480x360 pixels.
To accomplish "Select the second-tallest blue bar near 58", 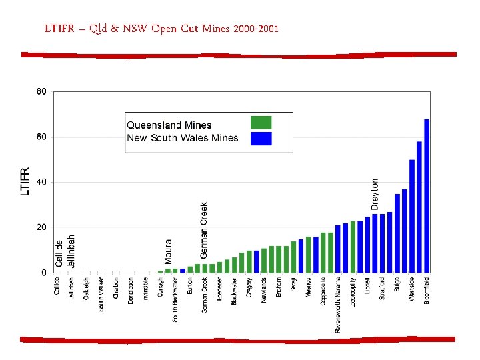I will pos(419,207).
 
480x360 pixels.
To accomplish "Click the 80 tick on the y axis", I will pos(41,91).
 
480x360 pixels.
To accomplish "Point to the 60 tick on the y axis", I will pos(41,137).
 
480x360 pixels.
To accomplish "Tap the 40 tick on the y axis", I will pos(41,182).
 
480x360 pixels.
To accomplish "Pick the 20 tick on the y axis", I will pos(41,227).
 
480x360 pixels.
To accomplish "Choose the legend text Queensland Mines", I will pos(169,125).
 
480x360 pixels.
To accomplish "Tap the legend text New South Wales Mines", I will pos(182,138).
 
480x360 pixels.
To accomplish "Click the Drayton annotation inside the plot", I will pos(375,193).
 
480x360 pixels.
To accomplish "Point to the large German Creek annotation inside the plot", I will pos(204,230).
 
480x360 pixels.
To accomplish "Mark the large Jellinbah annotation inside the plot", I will pos(71,250).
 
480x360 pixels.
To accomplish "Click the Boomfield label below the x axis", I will pos(427,291).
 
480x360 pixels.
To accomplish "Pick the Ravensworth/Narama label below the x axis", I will pos(338,304).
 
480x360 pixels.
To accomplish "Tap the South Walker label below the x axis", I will pos(101,294).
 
